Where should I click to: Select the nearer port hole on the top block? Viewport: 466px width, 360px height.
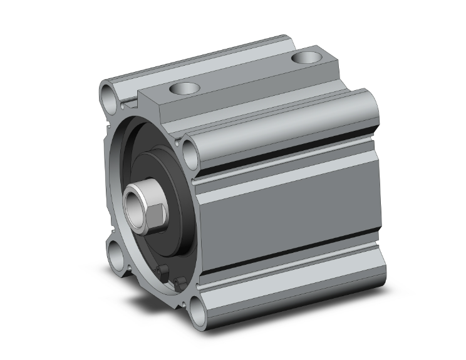pyautogui.click(x=186, y=88)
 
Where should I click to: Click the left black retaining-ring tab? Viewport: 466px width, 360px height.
pyautogui.click(x=162, y=272)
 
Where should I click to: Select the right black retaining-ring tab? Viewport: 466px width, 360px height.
pyautogui.click(x=180, y=284)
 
